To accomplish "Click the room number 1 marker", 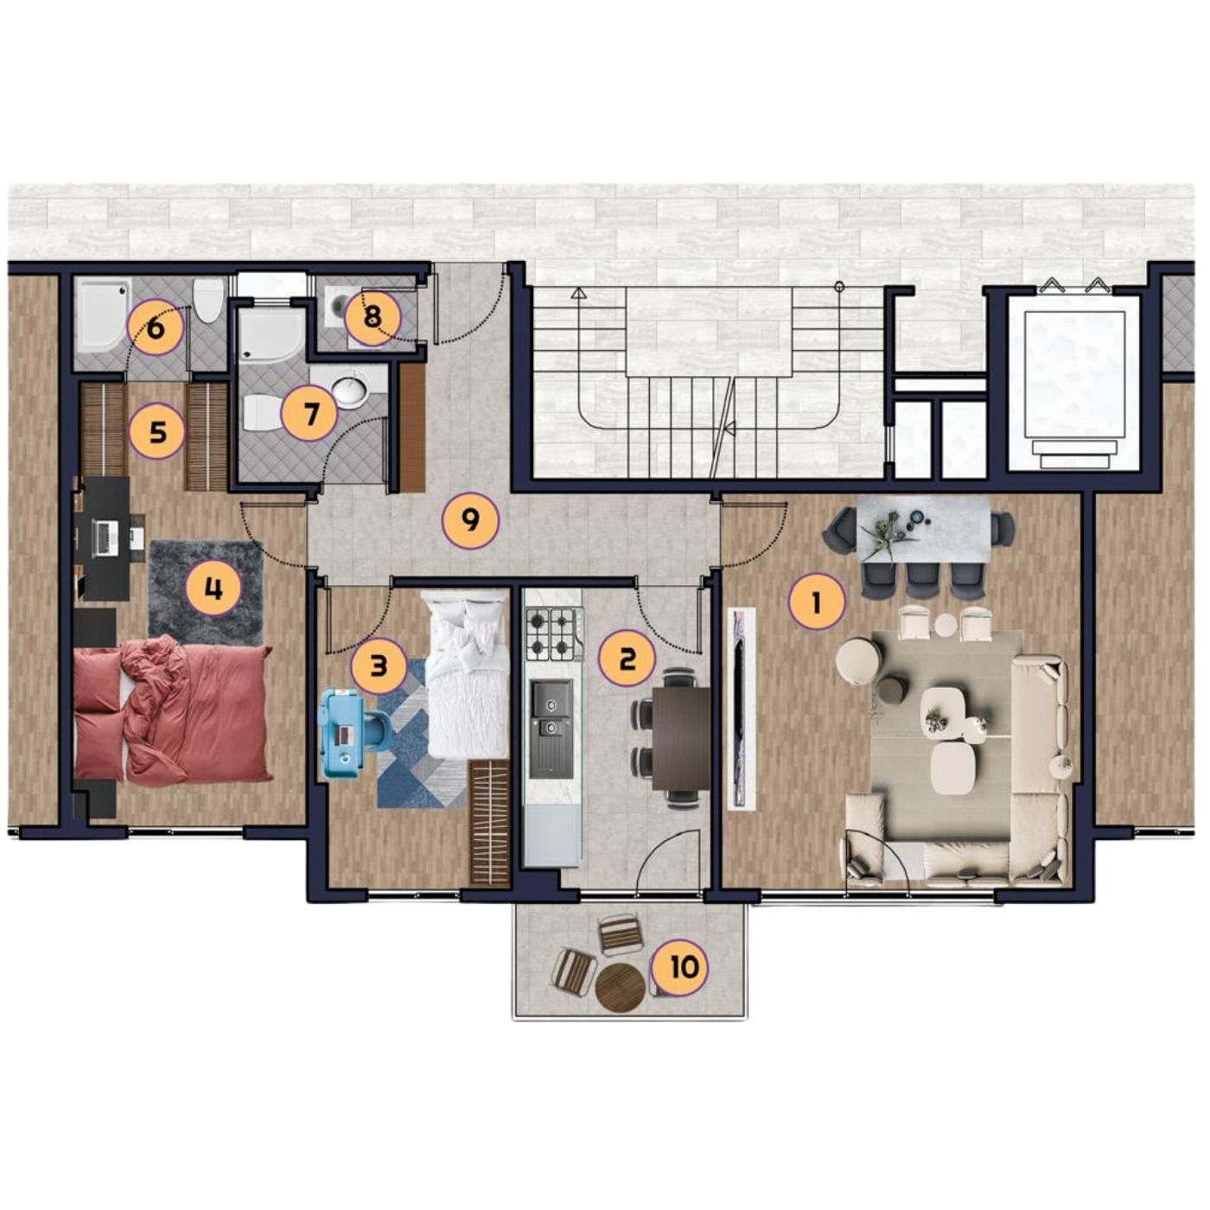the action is tap(816, 604).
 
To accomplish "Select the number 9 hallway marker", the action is tap(471, 520).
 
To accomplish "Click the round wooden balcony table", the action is tap(619, 987).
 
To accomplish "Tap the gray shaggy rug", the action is tap(206, 588).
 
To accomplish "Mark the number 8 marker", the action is tap(373, 318).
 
